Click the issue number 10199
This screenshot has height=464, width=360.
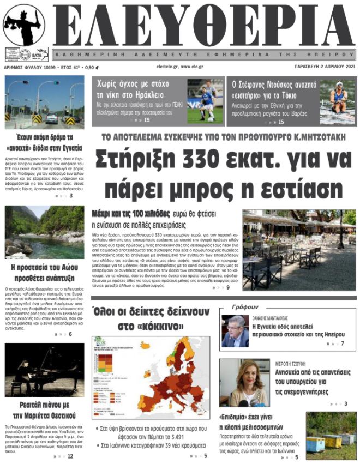click(48, 68)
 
